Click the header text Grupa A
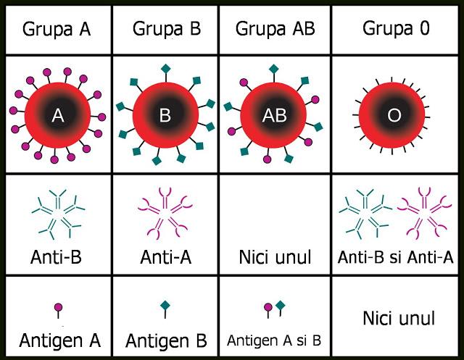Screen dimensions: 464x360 pyautogui.click(x=57, y=30)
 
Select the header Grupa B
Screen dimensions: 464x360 pyautogui.click(x=167, y=29)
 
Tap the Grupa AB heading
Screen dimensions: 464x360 pyautogui.click(x=275, y=29)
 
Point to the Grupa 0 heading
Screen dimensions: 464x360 pyautogui.click(x=396, y=29)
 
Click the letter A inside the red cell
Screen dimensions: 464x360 pyautogui.click(x=58, y=115)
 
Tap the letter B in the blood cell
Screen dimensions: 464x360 pyautogui.click(x=165, y=115)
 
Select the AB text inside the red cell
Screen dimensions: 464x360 pyautogui.click(x=274, y=115)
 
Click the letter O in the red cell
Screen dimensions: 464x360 pyautogui.click(x=394, y=115)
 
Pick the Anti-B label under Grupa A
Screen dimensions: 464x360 pyautogui.click(x=56, y=257)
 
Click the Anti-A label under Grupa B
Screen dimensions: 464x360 pyautogui.click(x=166, y=257)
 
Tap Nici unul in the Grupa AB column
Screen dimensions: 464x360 pyautogui.click(x=275, y=257)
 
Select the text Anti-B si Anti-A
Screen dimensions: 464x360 pyautogui.click(x=395, y=257)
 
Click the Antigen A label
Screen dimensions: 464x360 pyautogui.click(x=59, y=340)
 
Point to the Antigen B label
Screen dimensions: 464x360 pyautogui.click(x=166, y=340)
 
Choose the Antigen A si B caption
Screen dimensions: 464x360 pyautogui.click(x=274, y=340)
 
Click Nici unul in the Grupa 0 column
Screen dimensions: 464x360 pyautogui.click(x=399, y=318)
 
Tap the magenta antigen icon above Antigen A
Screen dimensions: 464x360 pyautogui.click(x=59, y=310)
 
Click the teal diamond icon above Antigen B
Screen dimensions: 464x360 pyautogui.click(x=165, y=309)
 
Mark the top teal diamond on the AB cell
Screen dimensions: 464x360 pyautogui.click(x=274, y=69)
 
